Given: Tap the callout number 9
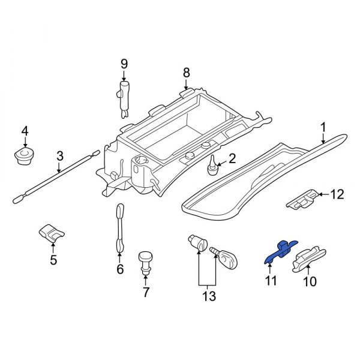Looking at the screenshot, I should point(124,64).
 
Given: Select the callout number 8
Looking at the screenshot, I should point(186,73).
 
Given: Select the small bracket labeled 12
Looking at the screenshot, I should point(302,199).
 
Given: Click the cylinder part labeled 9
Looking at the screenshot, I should point(124,96).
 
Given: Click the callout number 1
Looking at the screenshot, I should point(323,127).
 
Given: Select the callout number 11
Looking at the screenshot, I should point(270,280).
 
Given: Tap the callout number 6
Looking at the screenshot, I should point(119,269).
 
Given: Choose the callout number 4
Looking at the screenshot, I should point(25,131).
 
